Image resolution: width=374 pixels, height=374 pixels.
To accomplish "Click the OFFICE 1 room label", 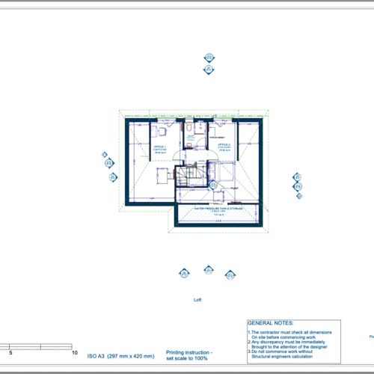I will (x=160, y=147).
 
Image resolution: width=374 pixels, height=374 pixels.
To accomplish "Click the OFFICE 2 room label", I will (x=223, y=147).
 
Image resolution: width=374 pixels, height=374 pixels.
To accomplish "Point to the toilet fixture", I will (x=191, y=137).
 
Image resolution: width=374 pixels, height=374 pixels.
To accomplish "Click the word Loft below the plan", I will (x=197, y=299).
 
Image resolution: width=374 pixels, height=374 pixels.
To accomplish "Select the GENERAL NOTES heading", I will (x=270, y=319).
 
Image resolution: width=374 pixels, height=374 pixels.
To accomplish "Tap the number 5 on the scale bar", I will (x=10, y=352).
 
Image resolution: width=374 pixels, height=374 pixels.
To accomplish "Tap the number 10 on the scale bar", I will (x=74, y=352).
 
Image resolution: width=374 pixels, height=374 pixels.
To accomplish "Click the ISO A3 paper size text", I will (x=120, y=356).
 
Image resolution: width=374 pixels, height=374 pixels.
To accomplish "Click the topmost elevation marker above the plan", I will (x=209, y=58).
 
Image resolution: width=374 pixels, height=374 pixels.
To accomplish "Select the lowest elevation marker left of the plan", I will (x=113, y=177).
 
